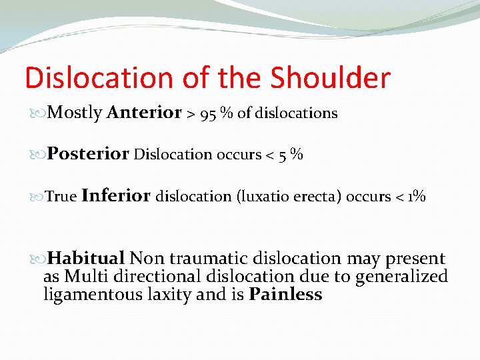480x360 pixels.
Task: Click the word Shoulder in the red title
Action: point(330,78)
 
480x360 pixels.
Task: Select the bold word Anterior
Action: point(143,113)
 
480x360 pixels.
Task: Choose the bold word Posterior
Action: point(88,155)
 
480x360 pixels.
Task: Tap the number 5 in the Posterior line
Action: point(282,155)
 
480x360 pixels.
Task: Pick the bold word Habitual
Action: point(87,259)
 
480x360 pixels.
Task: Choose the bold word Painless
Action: point(285,295)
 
